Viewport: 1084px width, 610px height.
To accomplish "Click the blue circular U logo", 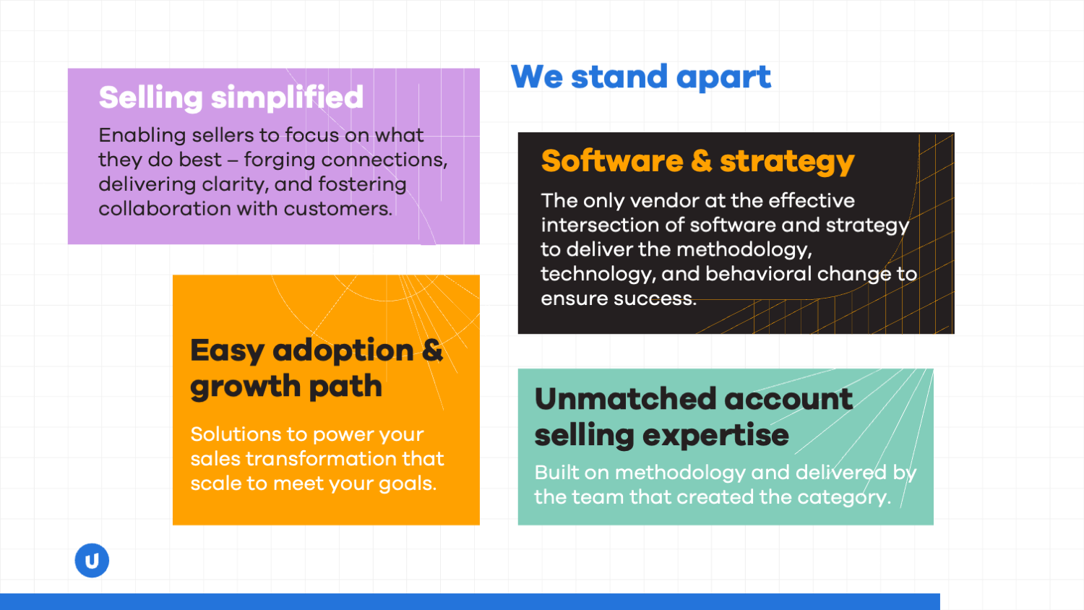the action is pos(92,561).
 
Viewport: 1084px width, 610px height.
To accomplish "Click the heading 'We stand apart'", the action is pos(641,77).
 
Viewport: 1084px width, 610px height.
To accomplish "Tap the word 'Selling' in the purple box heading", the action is pos(150,98).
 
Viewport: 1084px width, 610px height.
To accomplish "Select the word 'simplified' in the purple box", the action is pos(287,98).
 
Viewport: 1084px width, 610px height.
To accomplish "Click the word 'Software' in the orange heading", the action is pos(612,160).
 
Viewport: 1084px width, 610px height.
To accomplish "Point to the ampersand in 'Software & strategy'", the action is pos(702,160).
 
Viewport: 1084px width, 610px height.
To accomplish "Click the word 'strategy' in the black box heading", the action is pos(788,162).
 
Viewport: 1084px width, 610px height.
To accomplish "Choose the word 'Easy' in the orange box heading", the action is pos(227,351).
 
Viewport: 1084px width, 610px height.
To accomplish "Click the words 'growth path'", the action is pos(286,387).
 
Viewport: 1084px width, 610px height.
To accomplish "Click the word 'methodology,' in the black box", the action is pos(744,250).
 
